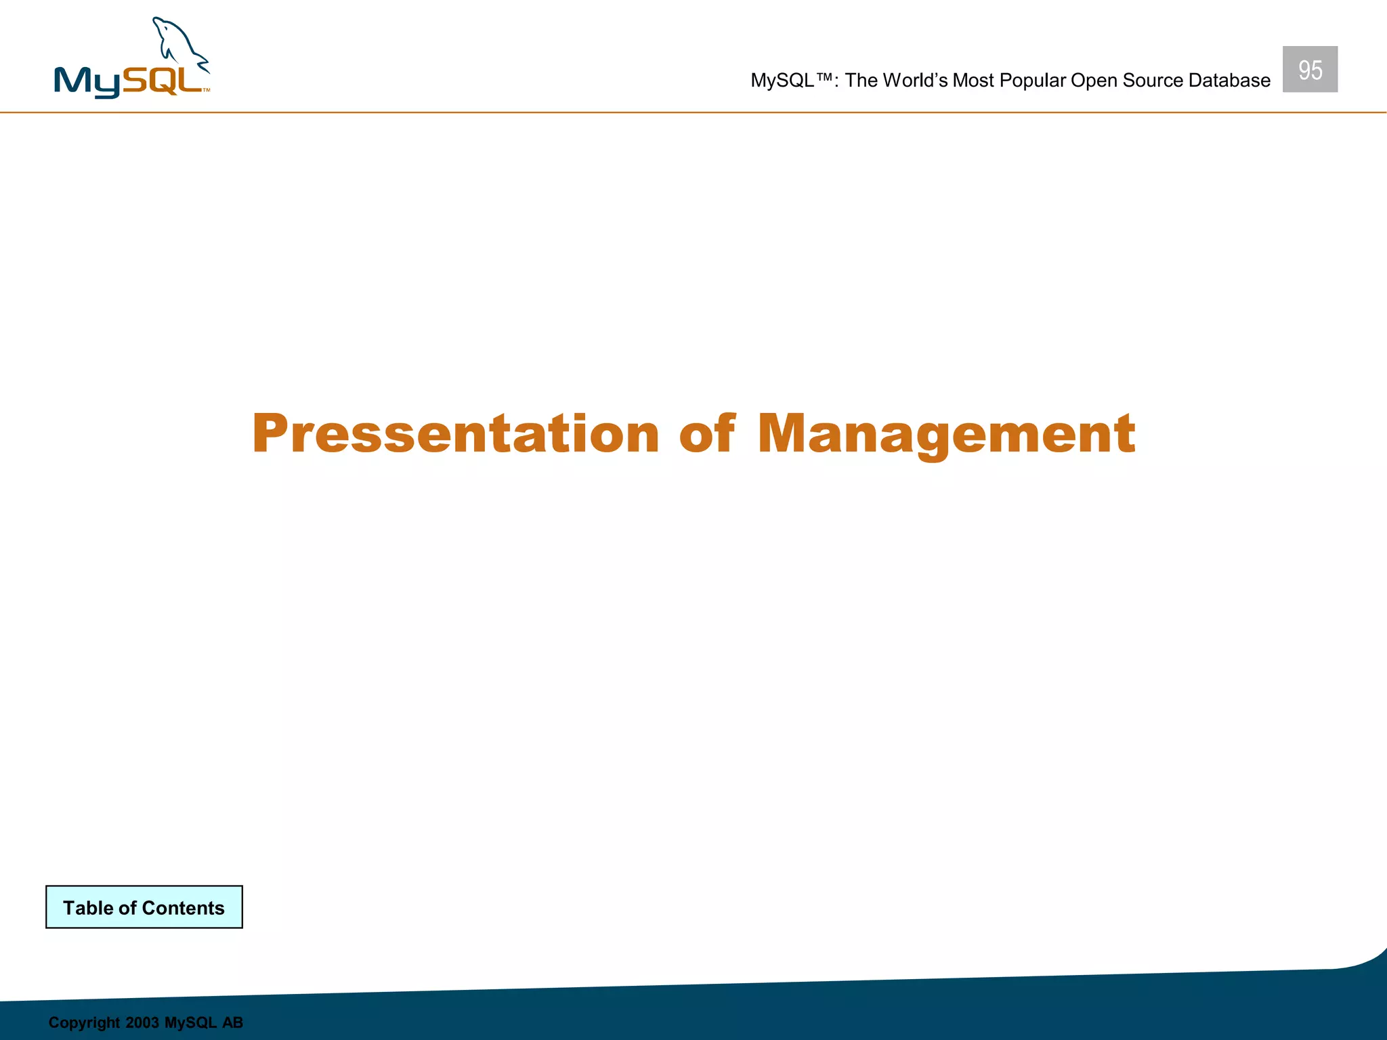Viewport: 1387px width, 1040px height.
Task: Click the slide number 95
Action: (x=1310, y=70)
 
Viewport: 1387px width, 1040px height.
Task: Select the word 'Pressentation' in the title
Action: (x=455, y=433)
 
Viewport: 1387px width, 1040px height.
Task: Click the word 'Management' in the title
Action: (x=945, y=435)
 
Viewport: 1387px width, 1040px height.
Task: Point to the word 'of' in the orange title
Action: (x=706, y=433)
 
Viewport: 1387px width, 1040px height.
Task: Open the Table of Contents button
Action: (x=144, y=907)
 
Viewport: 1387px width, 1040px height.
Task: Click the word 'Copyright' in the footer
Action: (x=84, y=1022)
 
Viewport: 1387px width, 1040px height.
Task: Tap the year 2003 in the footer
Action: (x=142, y=1022)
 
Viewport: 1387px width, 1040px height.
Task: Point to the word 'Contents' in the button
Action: (x=183, y=908)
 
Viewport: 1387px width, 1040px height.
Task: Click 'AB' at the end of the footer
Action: (x=232, y=1022)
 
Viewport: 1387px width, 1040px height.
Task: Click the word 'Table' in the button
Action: (x=88, y=908)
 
